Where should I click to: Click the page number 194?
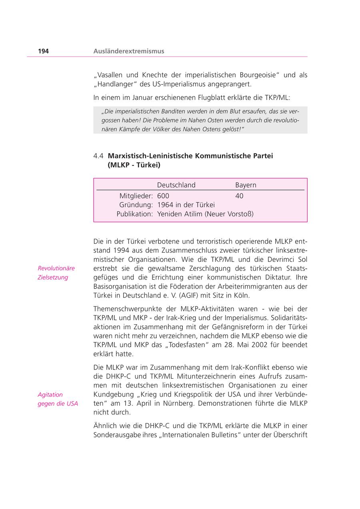(43, 51)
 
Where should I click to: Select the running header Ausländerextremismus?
(129, 51)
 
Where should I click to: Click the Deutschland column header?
(176, 185)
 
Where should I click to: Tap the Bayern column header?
(246, 185)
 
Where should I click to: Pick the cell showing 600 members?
(163, 196)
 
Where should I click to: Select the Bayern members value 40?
(239, 196)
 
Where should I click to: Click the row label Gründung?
(136, 205)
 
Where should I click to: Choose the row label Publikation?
(135, 214)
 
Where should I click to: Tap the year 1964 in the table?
(165, 205)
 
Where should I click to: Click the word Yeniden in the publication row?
(170, 214)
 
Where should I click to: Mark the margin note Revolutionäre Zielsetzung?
(56, 273)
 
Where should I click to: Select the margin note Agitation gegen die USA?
(58, 399)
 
